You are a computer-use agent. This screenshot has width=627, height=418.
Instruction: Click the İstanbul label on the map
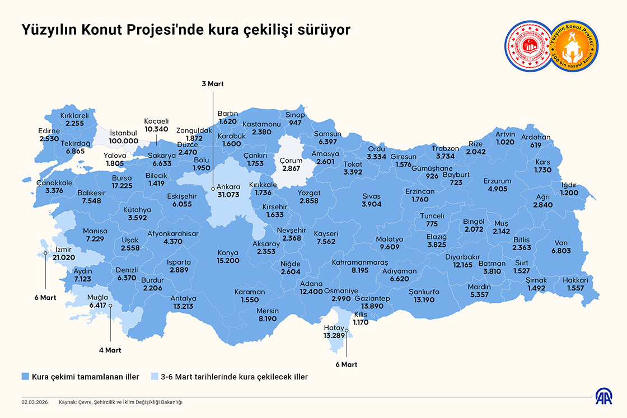click(x=124, y=133)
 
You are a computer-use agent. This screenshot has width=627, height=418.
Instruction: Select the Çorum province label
click(x=291, y=161)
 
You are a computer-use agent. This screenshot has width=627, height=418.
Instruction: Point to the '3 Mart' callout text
click(x=213, y=84)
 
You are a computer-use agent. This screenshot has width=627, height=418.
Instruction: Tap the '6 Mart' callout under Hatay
click(x=347, y=364)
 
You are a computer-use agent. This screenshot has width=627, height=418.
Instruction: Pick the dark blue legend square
click(x=25, y=377)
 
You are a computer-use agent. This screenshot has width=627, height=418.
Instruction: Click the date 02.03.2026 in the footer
click(x=34, y=402)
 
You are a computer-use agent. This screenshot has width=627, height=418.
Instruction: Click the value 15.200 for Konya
click(x=228, y=261)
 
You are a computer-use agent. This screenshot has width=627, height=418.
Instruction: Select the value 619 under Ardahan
click(x=536, y=145)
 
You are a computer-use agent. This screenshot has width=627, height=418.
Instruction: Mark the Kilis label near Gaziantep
click(x=361, y=314)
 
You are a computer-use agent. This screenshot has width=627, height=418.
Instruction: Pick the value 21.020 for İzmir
click(x=64, y=257)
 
